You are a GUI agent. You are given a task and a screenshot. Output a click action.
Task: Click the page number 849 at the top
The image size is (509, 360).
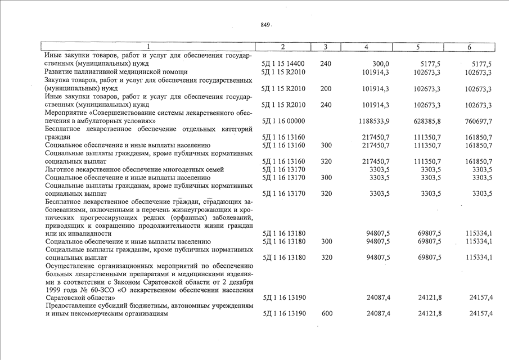point(265,25)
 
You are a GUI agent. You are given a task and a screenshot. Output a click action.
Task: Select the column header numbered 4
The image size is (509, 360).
point(366,47)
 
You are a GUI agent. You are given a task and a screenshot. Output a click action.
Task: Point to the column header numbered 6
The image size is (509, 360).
point(469,47)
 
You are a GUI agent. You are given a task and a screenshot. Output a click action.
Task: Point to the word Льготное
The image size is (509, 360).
point(61,169)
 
